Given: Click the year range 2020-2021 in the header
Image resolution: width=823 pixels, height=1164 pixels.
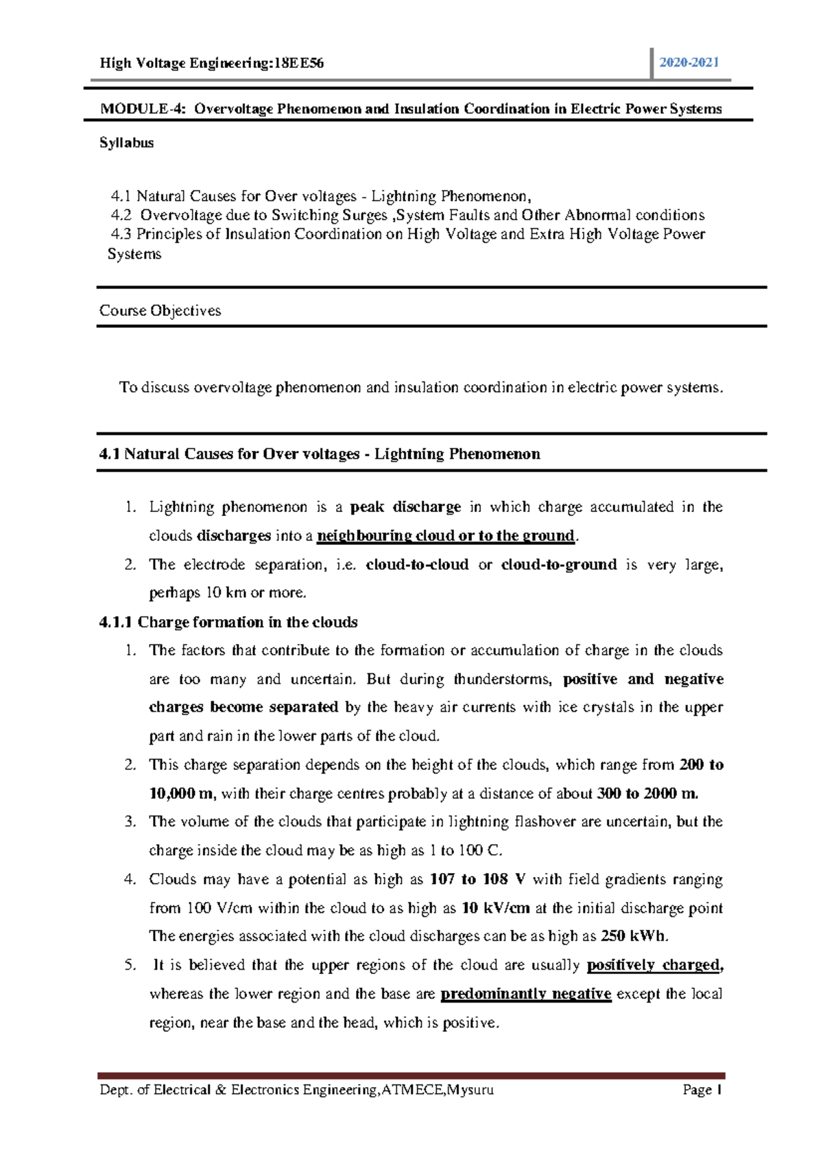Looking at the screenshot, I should pyautogui.click(x=689, y=62).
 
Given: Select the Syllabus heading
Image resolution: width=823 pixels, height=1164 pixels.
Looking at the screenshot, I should pyautogui.click(x=126, y=143).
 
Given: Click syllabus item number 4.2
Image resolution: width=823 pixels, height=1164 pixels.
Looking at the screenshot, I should pyautogui.click(x=121, y=216).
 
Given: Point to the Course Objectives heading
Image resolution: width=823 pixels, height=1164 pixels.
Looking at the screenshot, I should pyautogui.click(x=160, y=310).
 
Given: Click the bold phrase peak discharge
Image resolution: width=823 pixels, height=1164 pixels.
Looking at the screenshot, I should pyautogui.click(x=405, y=507).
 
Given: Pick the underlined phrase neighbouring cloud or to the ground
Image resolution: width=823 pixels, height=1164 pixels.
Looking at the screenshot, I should pyautogui.click(x=446, y=536).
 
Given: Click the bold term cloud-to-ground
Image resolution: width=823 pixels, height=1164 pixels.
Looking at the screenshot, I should pyautogui.click(x=559, y=565).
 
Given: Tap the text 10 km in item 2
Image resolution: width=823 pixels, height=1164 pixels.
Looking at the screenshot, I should pyautogui.click(x=226, y=593).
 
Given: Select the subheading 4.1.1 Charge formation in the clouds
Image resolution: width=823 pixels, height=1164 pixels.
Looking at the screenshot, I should pyautogui.click(x=228, y=622).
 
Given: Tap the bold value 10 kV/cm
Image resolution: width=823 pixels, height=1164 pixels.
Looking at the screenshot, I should pyautogui.click(x=495, y=909).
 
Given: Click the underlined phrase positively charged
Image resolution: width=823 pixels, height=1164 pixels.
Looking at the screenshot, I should pyautogui.click(x=654, y=966).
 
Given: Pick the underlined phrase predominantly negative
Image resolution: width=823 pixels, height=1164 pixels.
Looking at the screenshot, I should pyautogui.click(x=525, y=994).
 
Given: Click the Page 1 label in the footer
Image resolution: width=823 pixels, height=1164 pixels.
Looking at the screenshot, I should pyautogui.click(x=702, y=1090).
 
